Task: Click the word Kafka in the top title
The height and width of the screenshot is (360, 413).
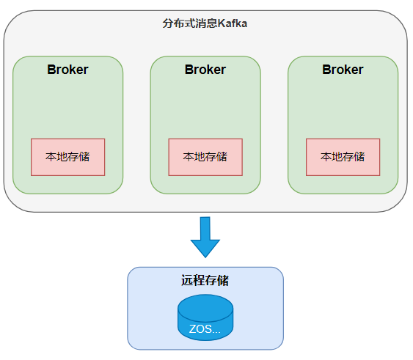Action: pyautogui.click(x=233, y=23)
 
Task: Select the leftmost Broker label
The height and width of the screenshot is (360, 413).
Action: pyautogui.click(x=67, y=70)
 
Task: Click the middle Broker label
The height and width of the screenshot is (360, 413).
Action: pyautogui.click(x=205, y=70)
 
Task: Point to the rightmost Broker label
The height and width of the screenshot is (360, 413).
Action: pyautogui.click(x=343, y=70)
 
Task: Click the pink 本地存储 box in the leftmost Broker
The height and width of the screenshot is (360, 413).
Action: pyautogui.click(x=68, y=157)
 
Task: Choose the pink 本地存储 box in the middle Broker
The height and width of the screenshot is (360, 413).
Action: pyautogui.click(x=205, y=157)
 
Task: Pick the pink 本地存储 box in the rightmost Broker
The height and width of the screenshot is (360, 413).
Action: pyautogui.click(x=343, y=157)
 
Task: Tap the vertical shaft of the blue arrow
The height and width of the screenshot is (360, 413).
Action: pyautogui.click(x=205, y=228)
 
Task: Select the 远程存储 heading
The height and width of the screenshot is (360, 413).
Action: pyautogui.click(x=205, y=280)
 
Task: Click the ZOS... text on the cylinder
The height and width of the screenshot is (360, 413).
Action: pyautogui.click(x=205, y=329)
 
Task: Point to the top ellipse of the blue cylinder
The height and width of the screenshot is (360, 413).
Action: pyautogui.click(x=205, y=308)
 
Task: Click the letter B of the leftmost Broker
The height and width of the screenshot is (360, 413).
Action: pyautogui.click(x=51, y=70)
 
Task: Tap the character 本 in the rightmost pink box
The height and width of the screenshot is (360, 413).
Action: pyautogui.click(x=326, y=157)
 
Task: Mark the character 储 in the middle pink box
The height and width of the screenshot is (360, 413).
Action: pyautogui.click(x=222, y=157)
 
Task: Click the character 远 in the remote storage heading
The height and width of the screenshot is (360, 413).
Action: pyautogui.click(x=187, y=280)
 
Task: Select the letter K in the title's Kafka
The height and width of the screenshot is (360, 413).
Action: pyautogui.click(x=222, y=23)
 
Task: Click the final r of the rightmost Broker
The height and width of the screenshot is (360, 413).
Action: pyautogui.click(x=361, y=71)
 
